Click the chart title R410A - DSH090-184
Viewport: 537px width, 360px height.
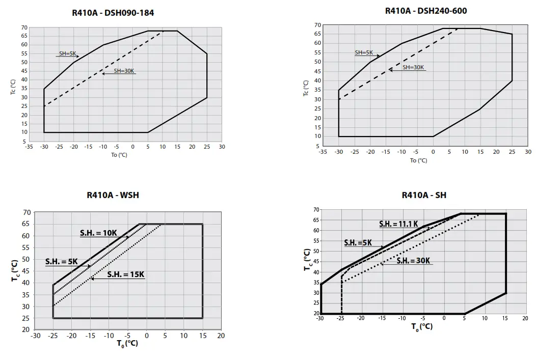113,13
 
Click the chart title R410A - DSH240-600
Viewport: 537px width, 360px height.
426,11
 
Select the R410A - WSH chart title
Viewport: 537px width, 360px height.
113,195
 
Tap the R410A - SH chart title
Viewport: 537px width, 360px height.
424,195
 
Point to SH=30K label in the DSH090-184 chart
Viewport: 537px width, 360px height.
124,71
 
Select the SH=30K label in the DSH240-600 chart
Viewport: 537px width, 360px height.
413,67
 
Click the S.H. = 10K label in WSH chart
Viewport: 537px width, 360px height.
98,233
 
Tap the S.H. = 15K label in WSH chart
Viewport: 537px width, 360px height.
125,274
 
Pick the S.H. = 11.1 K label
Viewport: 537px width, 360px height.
398,224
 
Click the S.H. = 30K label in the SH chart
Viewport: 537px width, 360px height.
414,261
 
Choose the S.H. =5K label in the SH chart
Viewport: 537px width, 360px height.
358,243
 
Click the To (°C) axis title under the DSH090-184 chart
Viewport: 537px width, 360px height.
119,155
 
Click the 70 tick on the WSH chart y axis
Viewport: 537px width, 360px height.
26,212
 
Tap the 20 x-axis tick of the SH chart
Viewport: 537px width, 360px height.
525,318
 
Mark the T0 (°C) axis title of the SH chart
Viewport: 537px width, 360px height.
422,326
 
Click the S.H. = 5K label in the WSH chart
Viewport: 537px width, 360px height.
61,262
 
